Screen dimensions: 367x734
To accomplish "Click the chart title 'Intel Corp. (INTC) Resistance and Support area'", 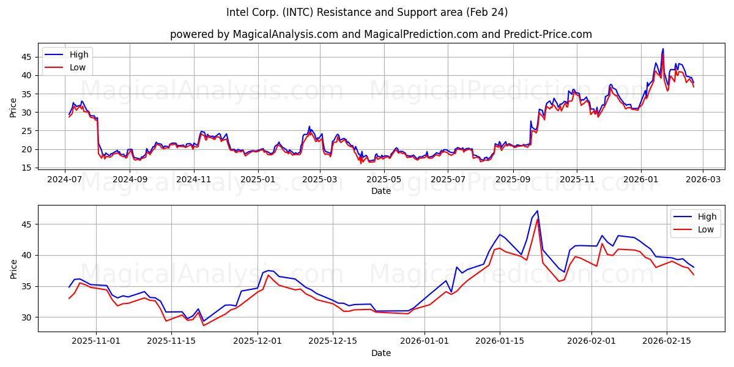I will (367, 12).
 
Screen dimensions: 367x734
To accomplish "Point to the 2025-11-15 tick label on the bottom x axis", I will (171, 341).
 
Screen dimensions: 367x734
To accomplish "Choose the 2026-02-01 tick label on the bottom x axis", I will (591, 341).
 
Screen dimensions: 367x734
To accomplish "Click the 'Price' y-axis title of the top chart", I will (13, 107).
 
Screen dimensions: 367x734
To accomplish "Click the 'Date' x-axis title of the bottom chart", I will (381, 353).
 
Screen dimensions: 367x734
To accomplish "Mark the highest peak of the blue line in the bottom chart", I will (537, 211).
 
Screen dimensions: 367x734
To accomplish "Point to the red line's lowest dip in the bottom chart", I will (204, 325).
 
